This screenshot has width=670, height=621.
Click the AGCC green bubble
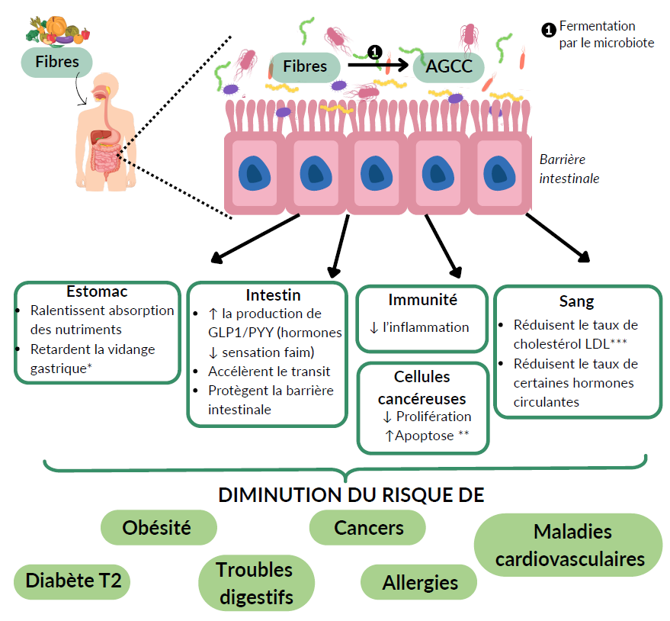pyautogui.click(x=449, y=66)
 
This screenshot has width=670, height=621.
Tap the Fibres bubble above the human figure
pyautogui.click(x=57, y=61)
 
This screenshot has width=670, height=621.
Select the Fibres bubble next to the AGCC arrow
pyautogui.click(x=305, y=66)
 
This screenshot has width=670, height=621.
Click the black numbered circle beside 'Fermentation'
pyautogui.click(x=548, y=30)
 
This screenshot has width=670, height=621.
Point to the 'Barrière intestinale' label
pyautogui.click(x=569, y=169)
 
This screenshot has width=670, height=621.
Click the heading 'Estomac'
pyautogui.click(x=97, y=291)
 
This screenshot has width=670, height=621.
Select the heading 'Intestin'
pyautogui.click(x=273, y=295)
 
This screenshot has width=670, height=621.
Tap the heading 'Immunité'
pyautogui.click(x=422, y=300)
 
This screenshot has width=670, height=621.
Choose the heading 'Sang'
pyautogui.click(x=576, y=301)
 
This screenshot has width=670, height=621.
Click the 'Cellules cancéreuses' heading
pyautogui.click(x=422, y=388)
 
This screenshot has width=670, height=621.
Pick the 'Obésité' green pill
pyautogui.click(x=157, y=527)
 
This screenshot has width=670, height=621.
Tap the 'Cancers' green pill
pyautogui.click(x=369, y=527)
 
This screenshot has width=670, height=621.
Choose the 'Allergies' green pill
pyautogui.click(x=420, y=583)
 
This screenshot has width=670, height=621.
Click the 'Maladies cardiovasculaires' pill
pyautogui.click(x=569, y=545)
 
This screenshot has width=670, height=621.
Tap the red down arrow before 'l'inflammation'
pyautogui.click(x=373, y=327)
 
